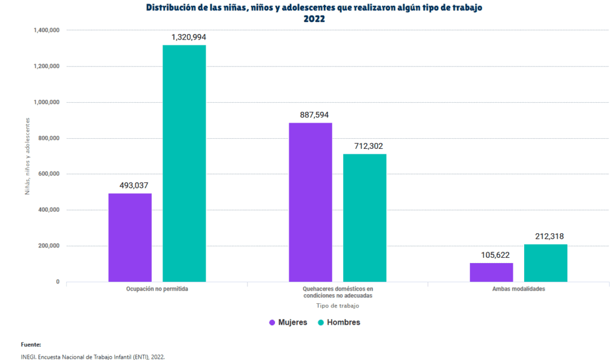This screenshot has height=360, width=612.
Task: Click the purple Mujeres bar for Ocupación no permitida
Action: click(x=130, y=237)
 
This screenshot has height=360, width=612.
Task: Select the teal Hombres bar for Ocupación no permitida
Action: click(x=184, y=163)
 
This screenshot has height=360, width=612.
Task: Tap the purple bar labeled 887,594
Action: click(x=310, y=202)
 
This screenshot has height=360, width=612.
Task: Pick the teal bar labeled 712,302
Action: click(x=365, y=218)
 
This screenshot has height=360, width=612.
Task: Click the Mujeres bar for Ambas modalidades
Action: click(x=491, y=272)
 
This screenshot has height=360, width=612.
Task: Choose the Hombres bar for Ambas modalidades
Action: click(x=546, y=263)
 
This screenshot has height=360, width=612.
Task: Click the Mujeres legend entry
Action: click(x=288, y=322)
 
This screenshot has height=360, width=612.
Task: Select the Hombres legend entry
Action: click(x=338, y=322)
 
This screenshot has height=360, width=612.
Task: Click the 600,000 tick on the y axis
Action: click(x=47, y=174)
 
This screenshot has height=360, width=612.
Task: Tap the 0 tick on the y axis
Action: click(x=57, y=282)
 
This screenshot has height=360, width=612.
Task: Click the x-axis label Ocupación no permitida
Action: click(x=157, y=289)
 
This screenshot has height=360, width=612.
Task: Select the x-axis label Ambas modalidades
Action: click(x=518, y=289)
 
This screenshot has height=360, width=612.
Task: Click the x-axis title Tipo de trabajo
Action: click(x=338, y=306)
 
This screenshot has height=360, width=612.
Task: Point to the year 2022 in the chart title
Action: click(x=314, y=19)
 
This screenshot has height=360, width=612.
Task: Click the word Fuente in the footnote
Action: click(x=30, y=344)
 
